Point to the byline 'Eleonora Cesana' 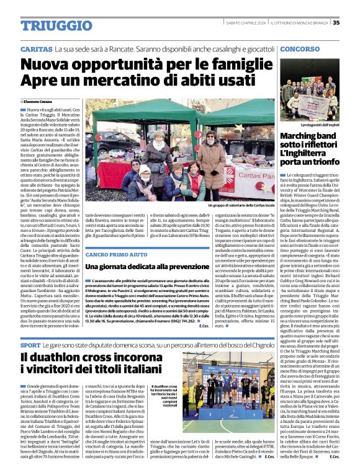(37, 100)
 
